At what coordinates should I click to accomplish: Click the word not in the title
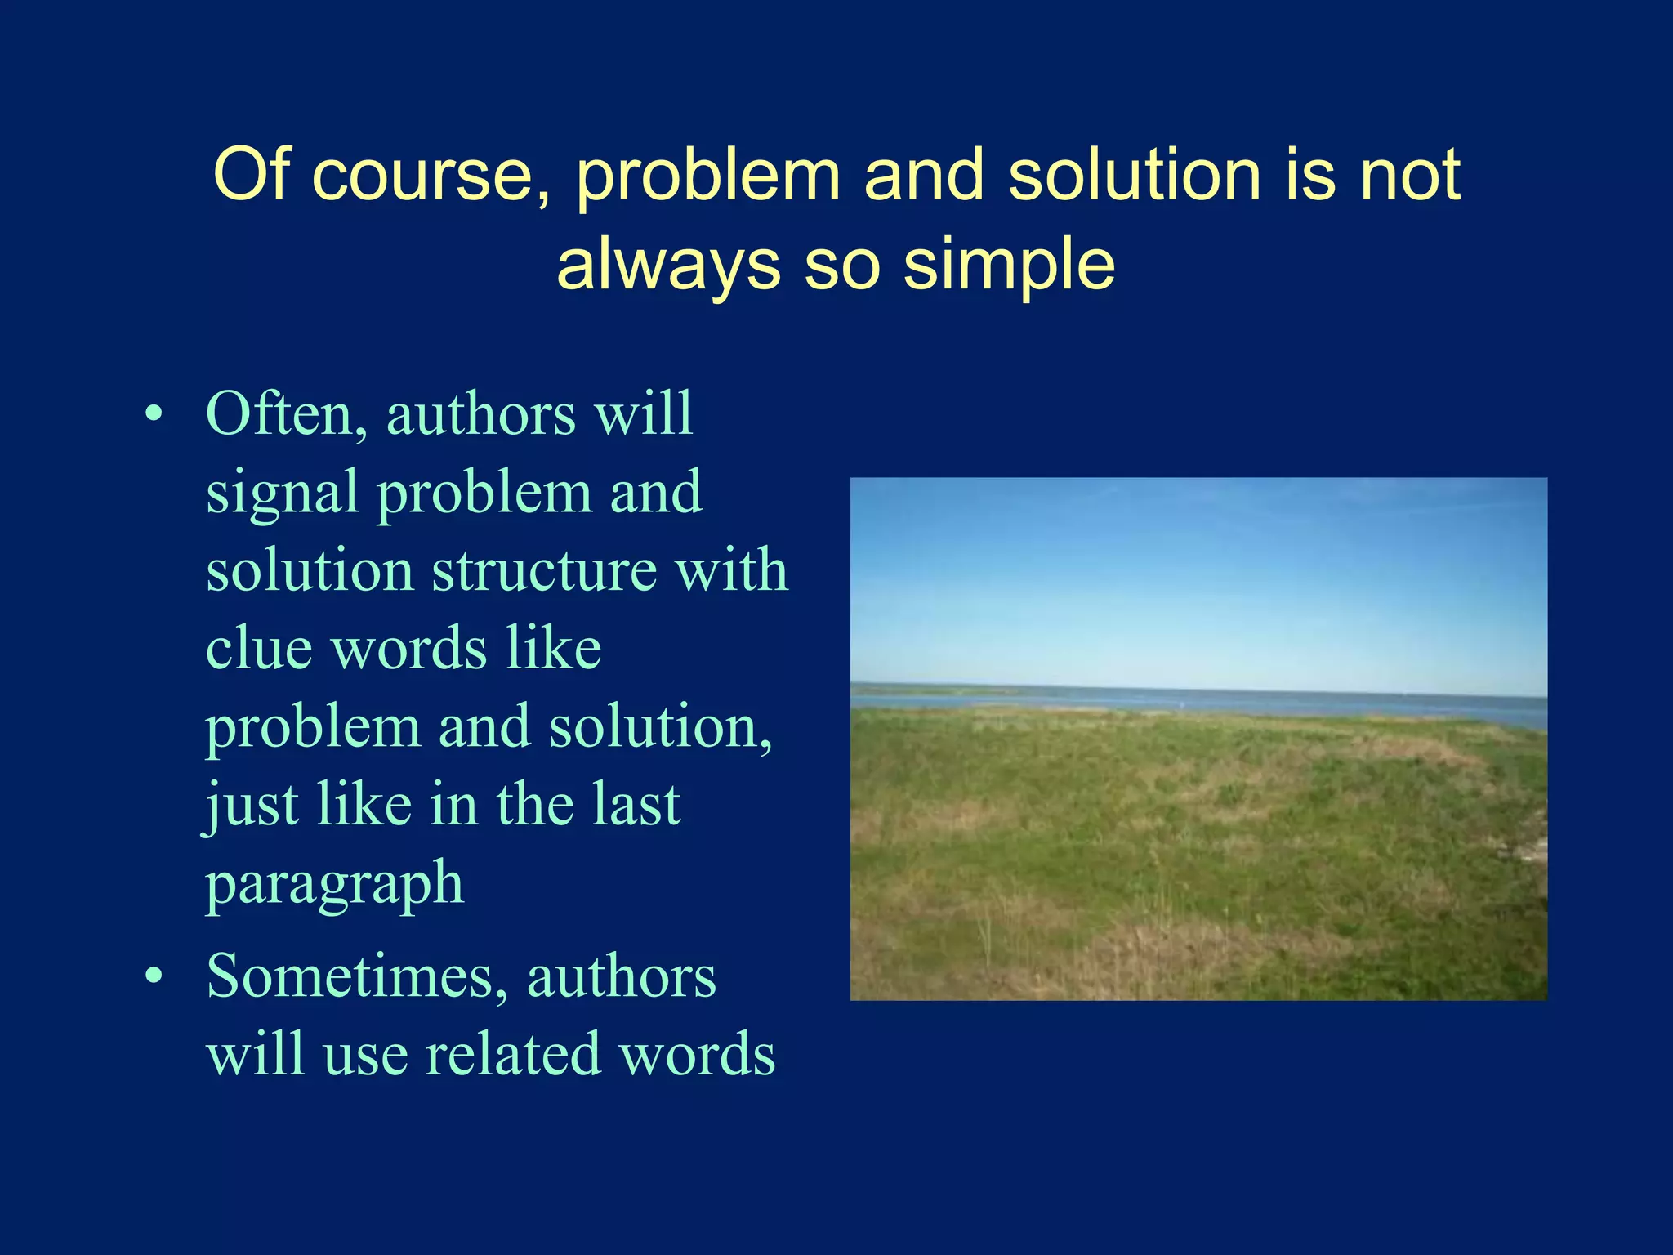pyautogui.click(x=1410, y=176)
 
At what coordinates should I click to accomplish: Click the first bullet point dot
pyautogui.click(x=154, y=415)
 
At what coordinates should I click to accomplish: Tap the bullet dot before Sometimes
pyautogui.click(x=154, y=977)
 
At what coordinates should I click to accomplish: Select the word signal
pyautogui.click(x=282, y=493)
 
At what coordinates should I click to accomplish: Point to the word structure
pyautogui.click(x=544, y=569)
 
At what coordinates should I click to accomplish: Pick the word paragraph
pyautogui.click(x=335, y=885)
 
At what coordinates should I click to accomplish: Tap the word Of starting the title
pyautogui.click(x=252, y=176)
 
